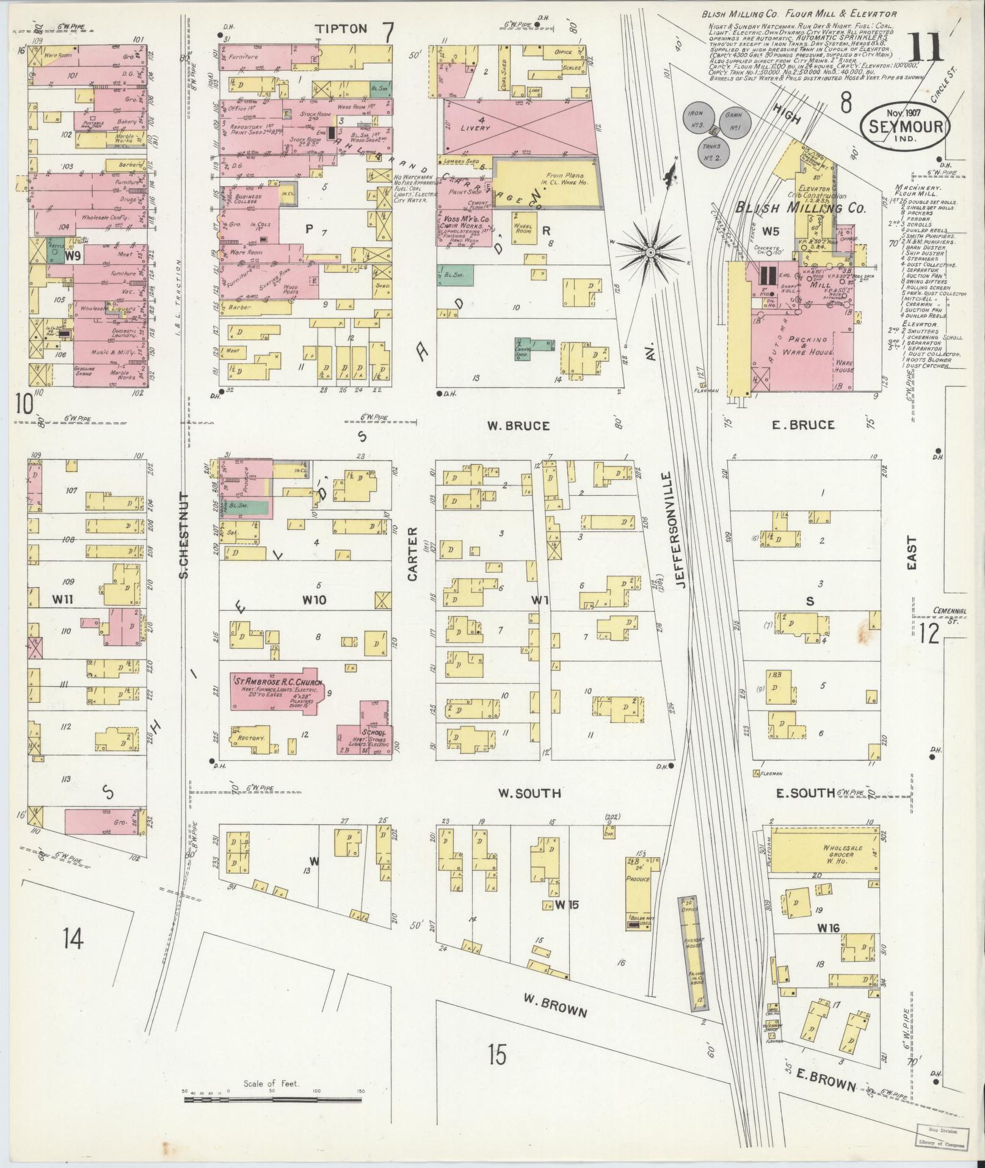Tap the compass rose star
(651, 252)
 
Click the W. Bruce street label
(518, 426)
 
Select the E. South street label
(805, 793)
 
